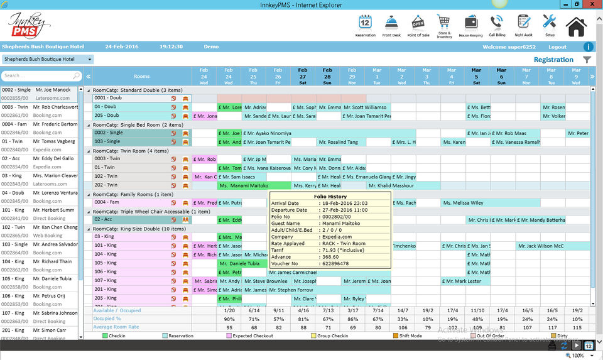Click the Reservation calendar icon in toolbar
(x=365, y=23)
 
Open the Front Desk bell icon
(x=391, y=23)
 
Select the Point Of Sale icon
(x=418, y=23)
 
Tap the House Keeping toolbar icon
(x=470, y=23)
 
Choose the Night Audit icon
(x=523, y=23)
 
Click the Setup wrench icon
(x=549, y=23)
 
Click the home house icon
(x=576, y=26)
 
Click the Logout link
(x=557, y=47)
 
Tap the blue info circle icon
(x=589, y=47)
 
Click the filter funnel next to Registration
(x=587, y=60)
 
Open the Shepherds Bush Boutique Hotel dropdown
(x=47, y=60)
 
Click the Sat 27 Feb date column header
(x=303, y=76)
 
